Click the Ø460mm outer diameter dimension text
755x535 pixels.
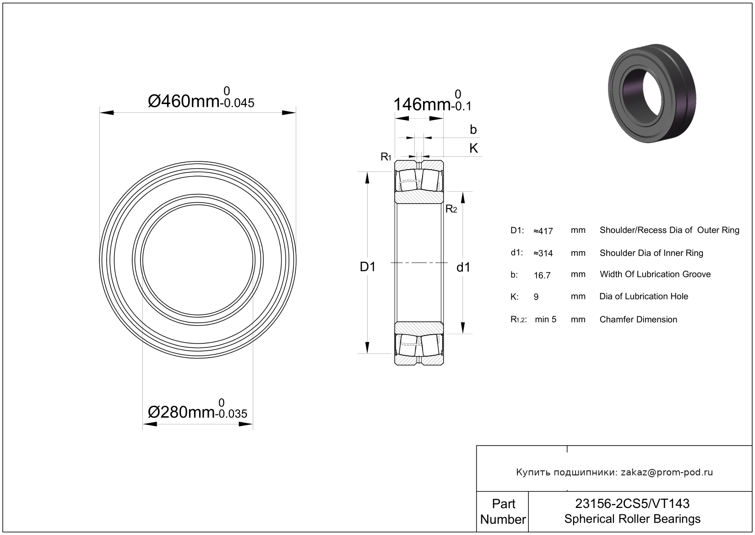pos(201,98)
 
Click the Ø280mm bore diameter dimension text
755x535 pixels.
pos(197,409)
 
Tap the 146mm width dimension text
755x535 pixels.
pos(432,100)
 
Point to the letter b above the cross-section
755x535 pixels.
pos(473,129)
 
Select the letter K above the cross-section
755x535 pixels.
pos(473,148)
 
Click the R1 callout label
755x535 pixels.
pos(386,157)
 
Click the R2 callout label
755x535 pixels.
pos(451,209)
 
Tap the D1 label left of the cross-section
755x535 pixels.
pos(367,267)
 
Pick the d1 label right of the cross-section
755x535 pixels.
pos(463,267)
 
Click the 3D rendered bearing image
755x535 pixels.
pos(652,93)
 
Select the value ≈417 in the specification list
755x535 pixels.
pos(543,231)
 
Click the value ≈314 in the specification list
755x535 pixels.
pos(543,253)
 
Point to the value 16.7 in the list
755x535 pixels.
pos(542,276)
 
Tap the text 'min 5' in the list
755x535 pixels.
pos(546,320)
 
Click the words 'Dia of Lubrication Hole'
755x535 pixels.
pos(644,296)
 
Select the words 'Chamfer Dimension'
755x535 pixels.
pos(638,320)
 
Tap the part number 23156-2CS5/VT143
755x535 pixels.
pos(632,504)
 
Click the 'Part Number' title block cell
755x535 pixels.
pos(503,511)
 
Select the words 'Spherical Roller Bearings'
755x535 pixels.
pos(632,519)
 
